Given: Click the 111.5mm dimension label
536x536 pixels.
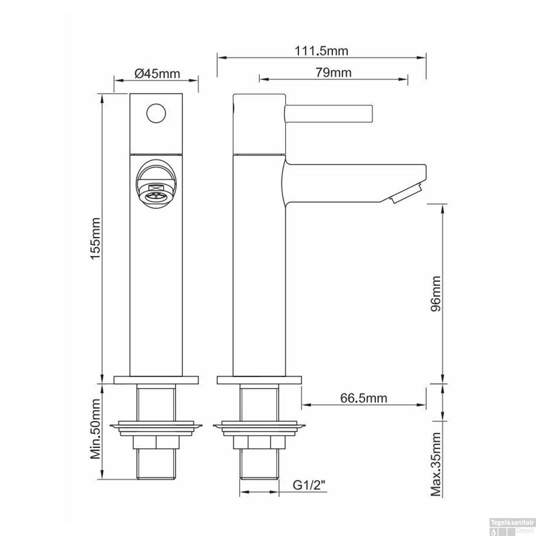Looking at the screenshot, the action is (x=321, y=51).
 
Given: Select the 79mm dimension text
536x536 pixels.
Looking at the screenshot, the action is (x=333, y=73).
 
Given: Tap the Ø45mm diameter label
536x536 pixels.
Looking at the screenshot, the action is (x=157, y=74).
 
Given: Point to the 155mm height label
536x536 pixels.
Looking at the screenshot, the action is (x=95, y=238).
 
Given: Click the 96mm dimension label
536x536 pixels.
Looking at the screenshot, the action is (x=436, y=294).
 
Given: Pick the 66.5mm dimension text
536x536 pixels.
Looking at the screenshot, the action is (x=363, y=398).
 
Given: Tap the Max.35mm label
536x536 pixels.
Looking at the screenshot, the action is (x=436, y=464).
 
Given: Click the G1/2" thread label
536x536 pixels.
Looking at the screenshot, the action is (x=309, y=485).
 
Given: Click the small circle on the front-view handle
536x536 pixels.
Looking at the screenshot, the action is (x=156, y=113).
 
